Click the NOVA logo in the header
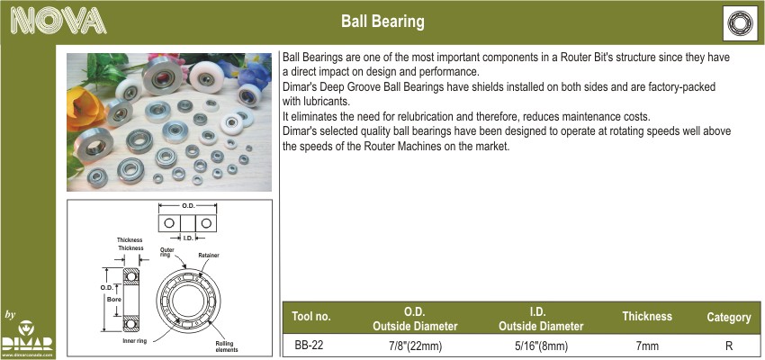tap(58, 22)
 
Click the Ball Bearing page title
tap(382, 22)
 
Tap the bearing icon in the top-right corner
tap(740, 22)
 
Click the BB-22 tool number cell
tap(309, 346)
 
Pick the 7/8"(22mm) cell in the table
tap(415, 346)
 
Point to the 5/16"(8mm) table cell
tap(541, 346)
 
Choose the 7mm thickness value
tap(647, 346)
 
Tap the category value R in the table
tap(729, 346)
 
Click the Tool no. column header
tap(311, 316)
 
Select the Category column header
tap(729, 318)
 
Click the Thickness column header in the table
tap(647, 316)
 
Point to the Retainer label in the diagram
tap(209, 255)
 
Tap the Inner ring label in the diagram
tap(134, 341)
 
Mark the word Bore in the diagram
tap(114, 300)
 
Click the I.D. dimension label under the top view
tap(187, 238)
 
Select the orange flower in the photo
tap(85, 110)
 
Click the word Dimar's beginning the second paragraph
tap(299, 87)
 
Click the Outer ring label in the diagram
tap(167, 253)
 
